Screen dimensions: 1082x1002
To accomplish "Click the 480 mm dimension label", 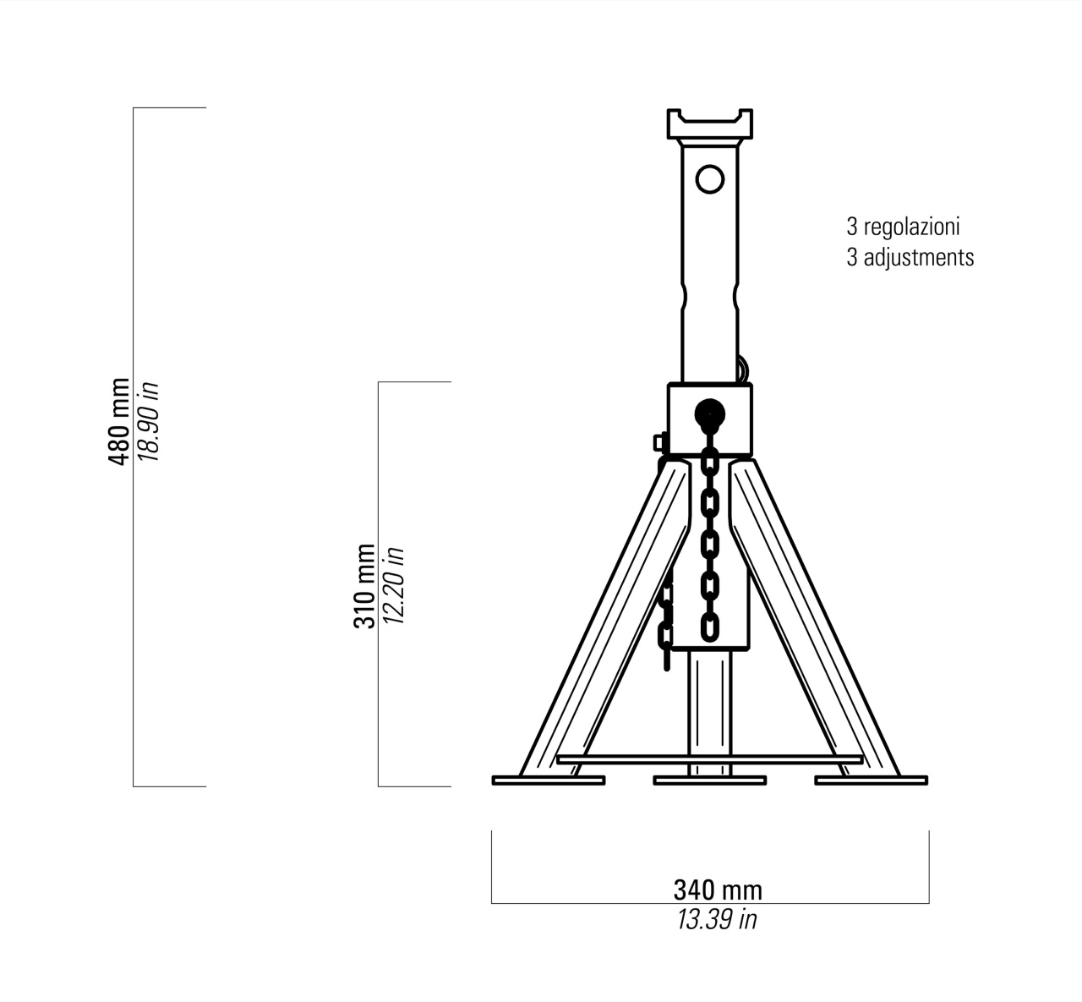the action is tap(119, 421).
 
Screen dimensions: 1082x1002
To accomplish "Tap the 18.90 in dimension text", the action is tap(148, 421).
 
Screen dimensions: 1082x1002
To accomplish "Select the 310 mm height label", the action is tap(364, 586).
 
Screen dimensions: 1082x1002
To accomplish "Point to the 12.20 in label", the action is tap(393, 586).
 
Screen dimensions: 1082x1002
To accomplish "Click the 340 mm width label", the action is tap(718, 890).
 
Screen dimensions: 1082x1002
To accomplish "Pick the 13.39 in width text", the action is tap(717, 920).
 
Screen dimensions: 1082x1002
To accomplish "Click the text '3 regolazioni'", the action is tap(904, 227).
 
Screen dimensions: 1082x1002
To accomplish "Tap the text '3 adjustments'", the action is tap(910, 257).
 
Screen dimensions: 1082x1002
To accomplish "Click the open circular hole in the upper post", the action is tap(710, 179).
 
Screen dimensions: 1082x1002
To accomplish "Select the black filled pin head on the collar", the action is tap(710, 413).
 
